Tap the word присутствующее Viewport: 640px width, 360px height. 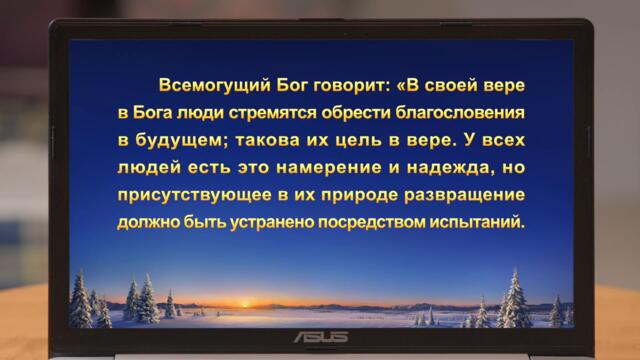click(187, 192)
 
